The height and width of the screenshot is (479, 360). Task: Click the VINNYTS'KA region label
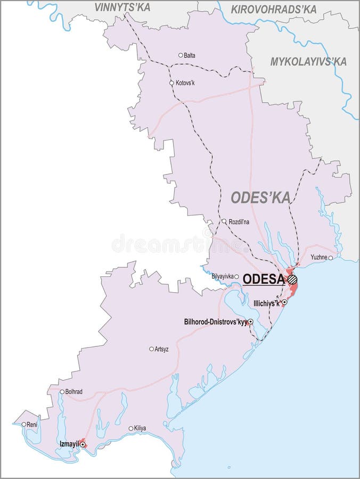point(122,7)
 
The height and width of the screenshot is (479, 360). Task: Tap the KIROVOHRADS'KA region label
point(274,9)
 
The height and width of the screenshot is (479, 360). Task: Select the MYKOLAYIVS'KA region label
point(308,62)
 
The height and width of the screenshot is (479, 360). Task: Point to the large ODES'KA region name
point(261,197)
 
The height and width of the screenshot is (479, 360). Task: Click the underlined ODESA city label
point(263,279)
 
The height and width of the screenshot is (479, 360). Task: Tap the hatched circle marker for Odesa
point(292,279)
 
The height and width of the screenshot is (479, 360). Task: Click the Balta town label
point(190,55)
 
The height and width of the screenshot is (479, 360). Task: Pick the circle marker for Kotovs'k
point(171,83)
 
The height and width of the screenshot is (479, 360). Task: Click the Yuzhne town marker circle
point(331,258)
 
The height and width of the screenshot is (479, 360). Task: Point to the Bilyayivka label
point(222,277)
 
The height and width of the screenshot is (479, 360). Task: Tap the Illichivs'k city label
point(267,303)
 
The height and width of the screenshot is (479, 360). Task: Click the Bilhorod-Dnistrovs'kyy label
point(215,322)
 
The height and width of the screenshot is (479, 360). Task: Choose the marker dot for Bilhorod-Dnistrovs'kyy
point(250,322)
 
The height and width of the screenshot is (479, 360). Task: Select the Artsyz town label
point(161,349)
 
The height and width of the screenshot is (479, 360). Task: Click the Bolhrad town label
point(74,392)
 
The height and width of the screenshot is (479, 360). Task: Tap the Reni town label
point(32,424)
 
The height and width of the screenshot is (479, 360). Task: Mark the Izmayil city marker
point(83,443)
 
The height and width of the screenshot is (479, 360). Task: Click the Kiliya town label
point(141,428)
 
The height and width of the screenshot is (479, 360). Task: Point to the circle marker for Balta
point(181,55)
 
